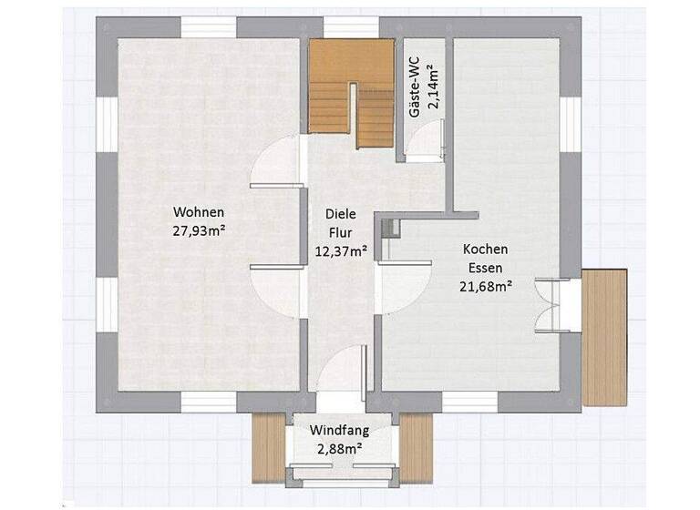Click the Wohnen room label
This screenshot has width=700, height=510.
199,212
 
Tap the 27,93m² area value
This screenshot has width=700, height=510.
199,230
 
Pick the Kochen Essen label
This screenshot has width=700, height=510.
485,259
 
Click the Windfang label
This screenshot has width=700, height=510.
339,431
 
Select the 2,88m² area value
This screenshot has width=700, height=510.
339,449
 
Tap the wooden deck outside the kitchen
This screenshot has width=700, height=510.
604,336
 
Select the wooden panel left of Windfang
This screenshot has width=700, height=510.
269,448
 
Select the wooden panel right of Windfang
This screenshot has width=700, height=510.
416,448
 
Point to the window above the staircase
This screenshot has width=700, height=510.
351,27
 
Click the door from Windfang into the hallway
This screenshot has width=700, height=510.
343,370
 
